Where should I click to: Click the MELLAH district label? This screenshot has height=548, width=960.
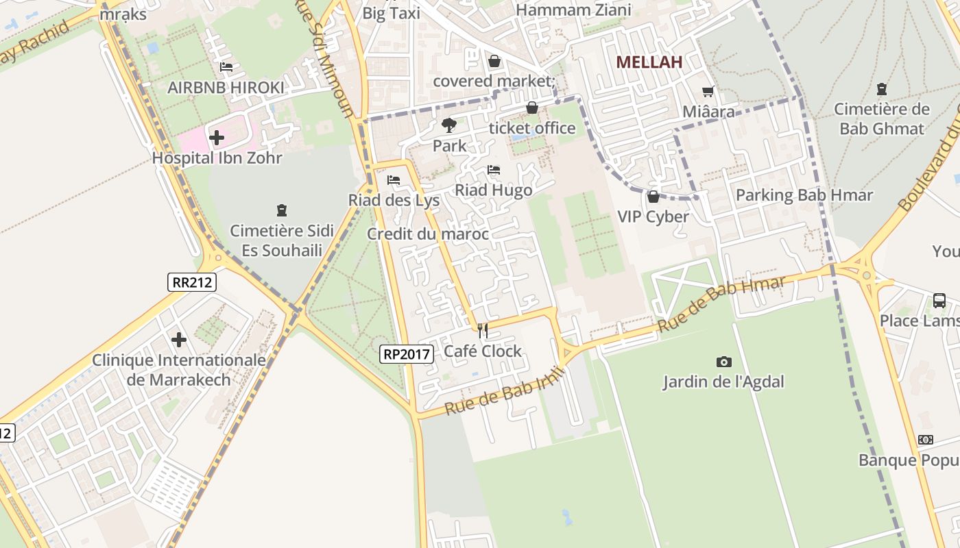[649, 62]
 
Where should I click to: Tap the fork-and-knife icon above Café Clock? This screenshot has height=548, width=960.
[483, 331]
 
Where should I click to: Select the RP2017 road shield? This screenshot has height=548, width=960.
[407, 353]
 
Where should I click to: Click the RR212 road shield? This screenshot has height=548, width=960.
[192, 282]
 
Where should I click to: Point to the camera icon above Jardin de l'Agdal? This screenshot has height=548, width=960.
[723, 362]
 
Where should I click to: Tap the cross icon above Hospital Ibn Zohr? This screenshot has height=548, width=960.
[217, 138]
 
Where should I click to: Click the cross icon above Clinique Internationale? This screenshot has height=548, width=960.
[179, 339]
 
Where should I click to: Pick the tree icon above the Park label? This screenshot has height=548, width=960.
[449, 125]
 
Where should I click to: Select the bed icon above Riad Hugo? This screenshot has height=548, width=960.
[494, 170]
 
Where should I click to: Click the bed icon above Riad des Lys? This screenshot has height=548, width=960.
[394, 180]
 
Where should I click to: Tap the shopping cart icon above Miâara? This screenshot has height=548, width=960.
[708, 91]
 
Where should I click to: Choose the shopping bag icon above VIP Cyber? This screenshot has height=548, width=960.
[653, 197]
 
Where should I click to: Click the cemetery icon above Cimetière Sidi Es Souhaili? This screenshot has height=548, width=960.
[281, 210]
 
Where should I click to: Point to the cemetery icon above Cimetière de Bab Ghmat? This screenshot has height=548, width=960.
[882, 88]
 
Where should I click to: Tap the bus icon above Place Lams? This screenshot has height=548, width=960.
[939, 300]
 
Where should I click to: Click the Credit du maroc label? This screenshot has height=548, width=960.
[428, 234]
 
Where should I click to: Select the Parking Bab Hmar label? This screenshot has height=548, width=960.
[804, 195]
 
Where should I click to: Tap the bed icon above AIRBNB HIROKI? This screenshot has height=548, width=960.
[226, 67]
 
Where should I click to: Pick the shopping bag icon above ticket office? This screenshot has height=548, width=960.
[532, 108]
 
